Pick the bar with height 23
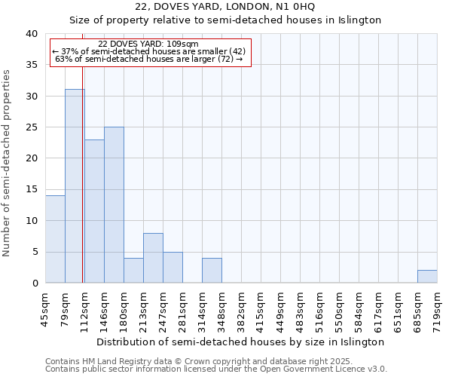(94, 211)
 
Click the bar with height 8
(153, 258)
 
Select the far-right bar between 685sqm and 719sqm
(427, 277)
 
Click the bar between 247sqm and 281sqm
(173, 268)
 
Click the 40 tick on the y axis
(33, 34)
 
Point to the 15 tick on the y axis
(33, 189)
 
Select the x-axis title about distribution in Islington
(240, 342)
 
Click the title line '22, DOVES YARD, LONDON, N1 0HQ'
(224, 7)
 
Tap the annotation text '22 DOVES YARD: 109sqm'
(148, 44)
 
